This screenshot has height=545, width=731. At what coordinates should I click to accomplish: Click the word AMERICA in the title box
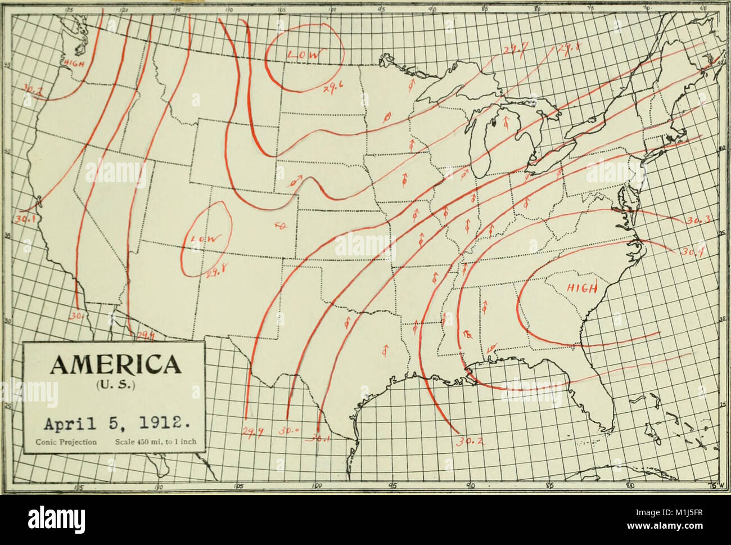113,365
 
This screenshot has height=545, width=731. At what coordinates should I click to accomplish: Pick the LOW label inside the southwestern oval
204,238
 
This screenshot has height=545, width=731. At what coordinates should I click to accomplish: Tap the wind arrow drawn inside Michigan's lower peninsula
506,122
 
